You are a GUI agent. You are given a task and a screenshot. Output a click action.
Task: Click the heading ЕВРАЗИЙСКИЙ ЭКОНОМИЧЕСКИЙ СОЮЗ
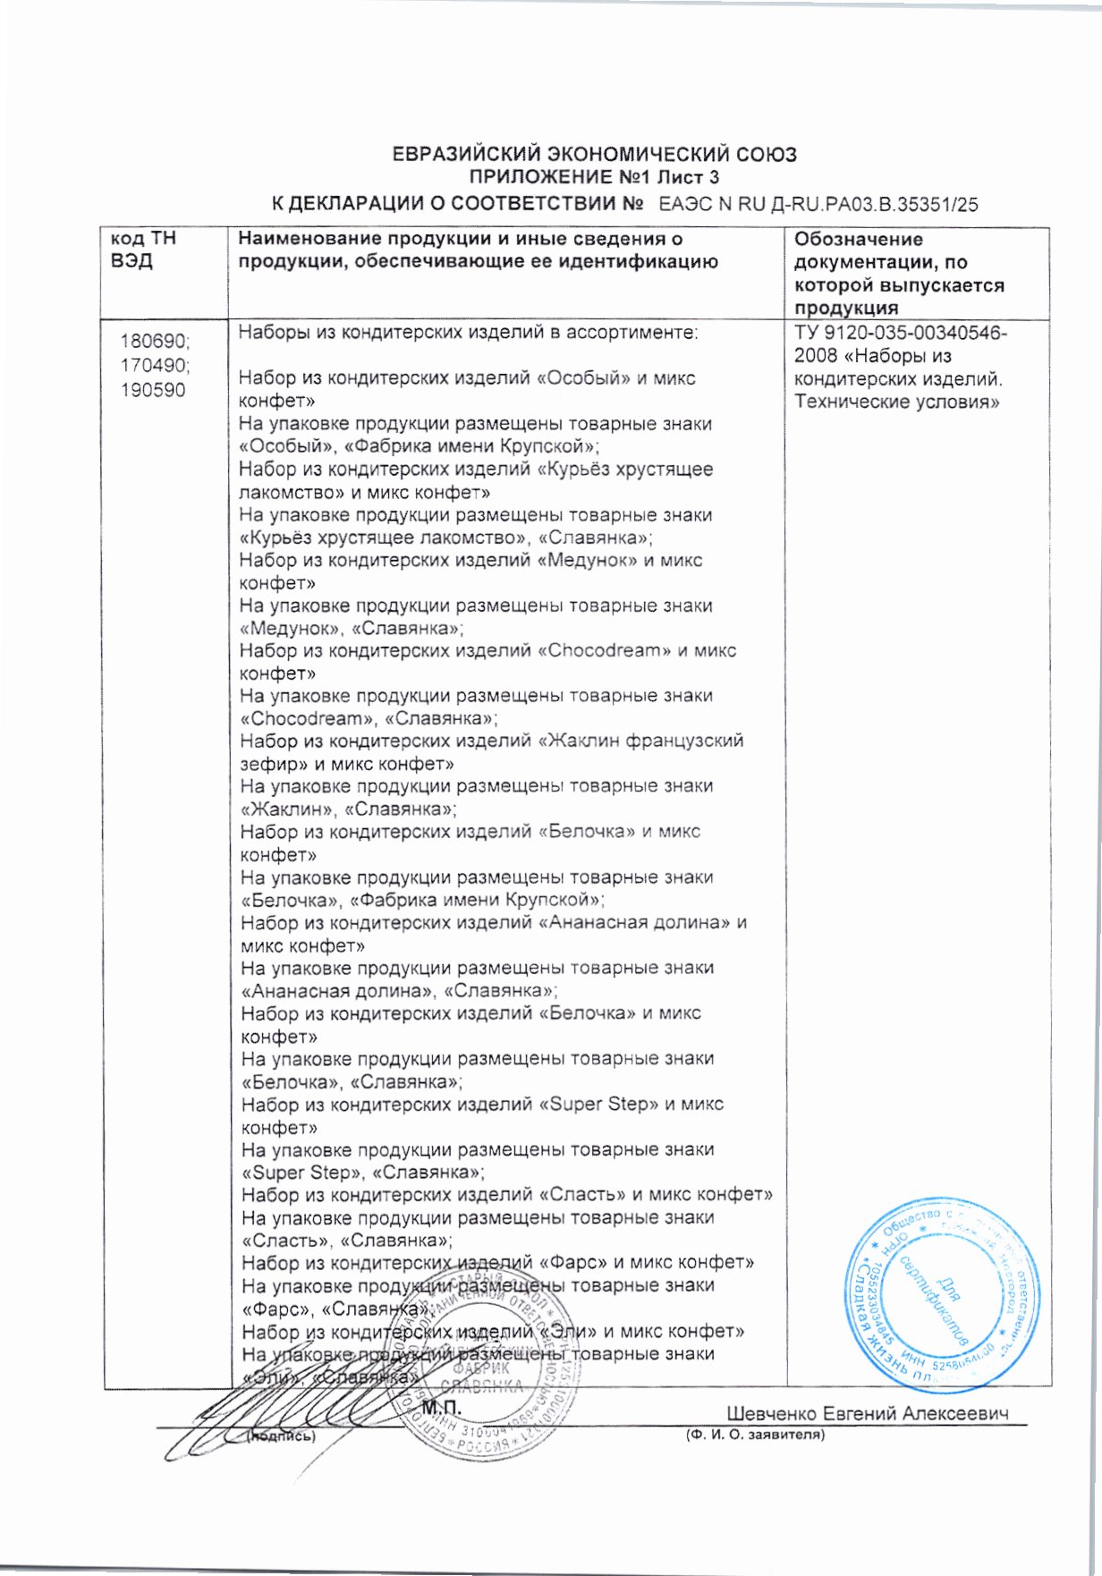(595, 154)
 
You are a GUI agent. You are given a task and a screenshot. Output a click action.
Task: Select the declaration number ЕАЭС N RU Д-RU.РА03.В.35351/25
(818, 204)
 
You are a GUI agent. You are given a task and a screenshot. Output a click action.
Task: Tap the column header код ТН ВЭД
(143, 250)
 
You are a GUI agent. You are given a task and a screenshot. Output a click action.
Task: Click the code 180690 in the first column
(155, 342)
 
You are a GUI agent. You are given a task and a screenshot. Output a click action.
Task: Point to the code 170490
(155, 366)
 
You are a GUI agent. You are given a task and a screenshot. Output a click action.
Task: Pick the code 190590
(154, 390)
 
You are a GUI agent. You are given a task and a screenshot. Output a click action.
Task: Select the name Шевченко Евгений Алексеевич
(867, 1413)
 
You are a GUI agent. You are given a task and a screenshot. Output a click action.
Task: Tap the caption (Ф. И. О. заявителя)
(755, 1435)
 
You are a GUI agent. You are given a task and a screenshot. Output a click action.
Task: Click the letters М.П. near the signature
(440, 1408)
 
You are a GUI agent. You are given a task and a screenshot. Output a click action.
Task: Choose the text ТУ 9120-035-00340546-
(901, 333)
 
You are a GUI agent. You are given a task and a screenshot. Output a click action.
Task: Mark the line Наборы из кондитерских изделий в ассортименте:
(468, 333)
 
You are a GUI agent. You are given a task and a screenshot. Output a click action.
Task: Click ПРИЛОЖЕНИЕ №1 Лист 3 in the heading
(595, 177)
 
